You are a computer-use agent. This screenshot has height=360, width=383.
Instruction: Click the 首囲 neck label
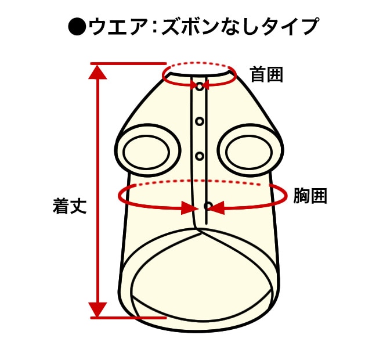click(266, 75)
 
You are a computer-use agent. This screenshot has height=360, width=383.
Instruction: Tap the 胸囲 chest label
click(310, 196)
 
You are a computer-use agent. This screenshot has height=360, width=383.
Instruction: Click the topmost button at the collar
click(200, 86)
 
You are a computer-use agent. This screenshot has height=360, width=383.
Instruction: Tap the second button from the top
click(200, 121)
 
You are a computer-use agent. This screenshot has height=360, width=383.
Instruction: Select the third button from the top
click(200, 156)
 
